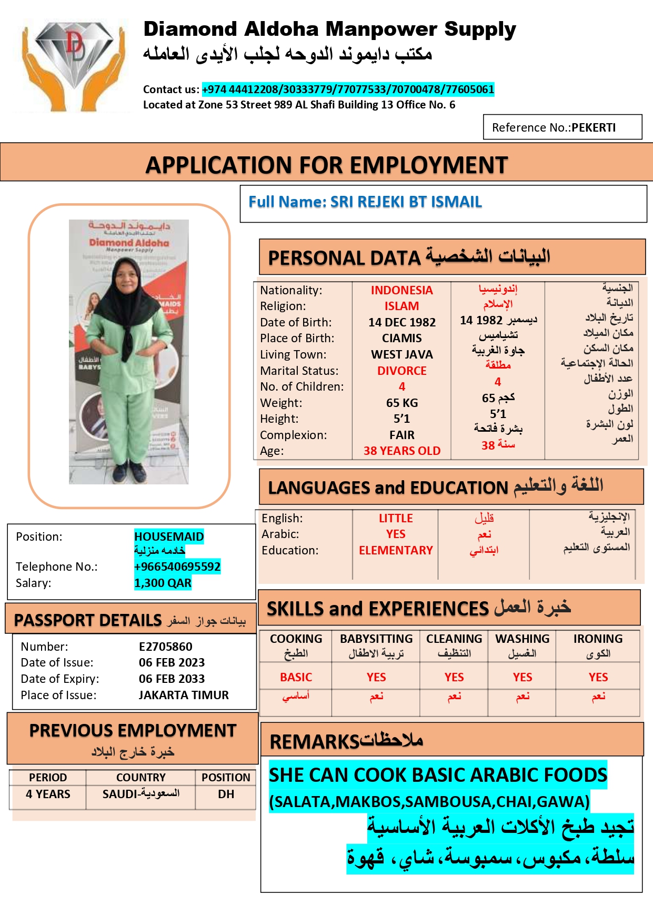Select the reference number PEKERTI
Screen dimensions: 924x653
(x=593, y=128)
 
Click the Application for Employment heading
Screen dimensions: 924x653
(x=326, y=165)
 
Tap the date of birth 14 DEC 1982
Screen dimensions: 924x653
(x=401, y=322)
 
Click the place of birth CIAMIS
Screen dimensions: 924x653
(x=401, y=338)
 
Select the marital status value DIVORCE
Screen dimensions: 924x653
(x=401, y=371)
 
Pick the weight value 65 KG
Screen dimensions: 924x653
(x=401, y=403)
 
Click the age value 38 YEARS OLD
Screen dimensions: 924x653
(x=401, y=451)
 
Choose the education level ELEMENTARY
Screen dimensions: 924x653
(x=396, y=550)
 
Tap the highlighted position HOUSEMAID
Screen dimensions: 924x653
(x=169, y=536)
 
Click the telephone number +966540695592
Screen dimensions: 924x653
(x=177, y=567)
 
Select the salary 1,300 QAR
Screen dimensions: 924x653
(x=163, y=583)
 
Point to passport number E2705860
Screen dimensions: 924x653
(x=165, y=647)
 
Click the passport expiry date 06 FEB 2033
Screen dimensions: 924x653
(x=172, y=679)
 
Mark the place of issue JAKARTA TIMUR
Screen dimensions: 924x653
(x=184, y=695)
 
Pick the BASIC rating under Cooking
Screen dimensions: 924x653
(x=296, y=677)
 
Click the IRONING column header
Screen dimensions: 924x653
(x=598, y=639)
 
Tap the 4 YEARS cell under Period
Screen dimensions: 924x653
(x=48, y=794)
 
